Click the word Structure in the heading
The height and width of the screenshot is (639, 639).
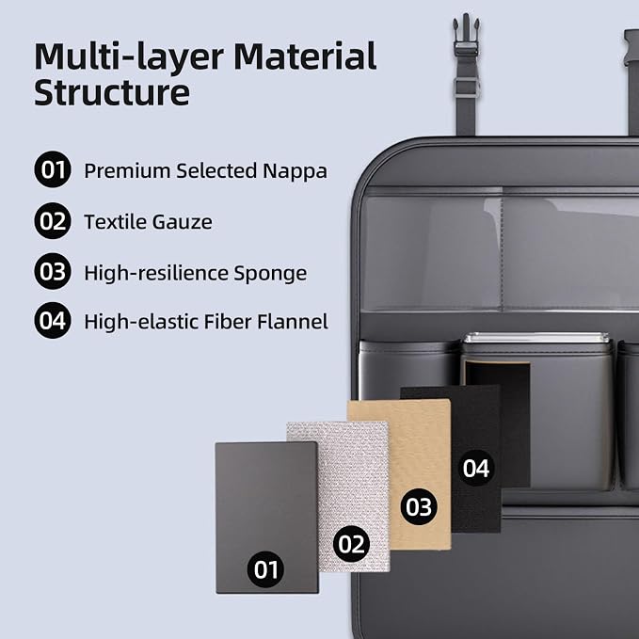click(x=112, y=92)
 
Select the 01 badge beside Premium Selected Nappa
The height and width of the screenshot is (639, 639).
click(x=53, y=169)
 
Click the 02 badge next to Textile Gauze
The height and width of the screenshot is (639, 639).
click(x=53, y=221)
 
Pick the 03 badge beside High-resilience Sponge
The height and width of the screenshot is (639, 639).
click(x=53, y=271)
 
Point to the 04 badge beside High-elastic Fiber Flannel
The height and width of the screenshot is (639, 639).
click(x=53, y=321)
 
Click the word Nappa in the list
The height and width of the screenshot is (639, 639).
click(x=295, y=172)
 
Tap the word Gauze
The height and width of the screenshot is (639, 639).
click(x=183, y=222)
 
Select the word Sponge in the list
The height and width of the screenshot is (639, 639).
click(x=270, y=274)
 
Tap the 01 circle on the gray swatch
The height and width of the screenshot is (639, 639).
click(x=265, y=569)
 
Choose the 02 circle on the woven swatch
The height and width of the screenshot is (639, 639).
click(x=351, y=544)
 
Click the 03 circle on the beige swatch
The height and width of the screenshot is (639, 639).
click(x=419, y=506)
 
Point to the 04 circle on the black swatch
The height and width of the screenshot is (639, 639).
click(x=476, y=468)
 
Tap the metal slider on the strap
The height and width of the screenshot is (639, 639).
click(x=466, y=87)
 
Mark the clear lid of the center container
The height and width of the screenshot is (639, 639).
click(x=535, y=339)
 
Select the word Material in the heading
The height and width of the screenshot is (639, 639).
click(x=305, y=56)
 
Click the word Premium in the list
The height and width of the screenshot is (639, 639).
click(x=127, y=170)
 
